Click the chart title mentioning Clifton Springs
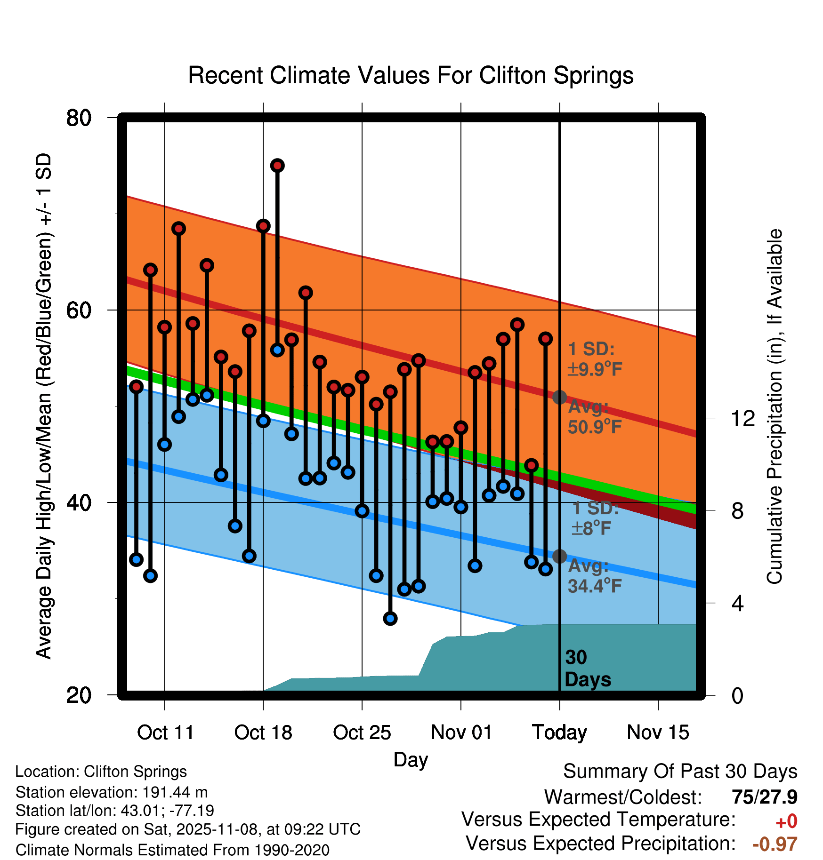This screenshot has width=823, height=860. point(411,75)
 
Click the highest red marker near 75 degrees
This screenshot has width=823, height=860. point(277,166)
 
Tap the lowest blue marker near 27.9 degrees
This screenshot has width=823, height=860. point(390,618)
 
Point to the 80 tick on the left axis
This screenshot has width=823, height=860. point(79,118)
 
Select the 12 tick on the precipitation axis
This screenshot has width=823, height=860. point(742,418)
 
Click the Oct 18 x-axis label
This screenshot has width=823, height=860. point(263,733)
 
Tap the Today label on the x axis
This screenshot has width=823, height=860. point(559,733)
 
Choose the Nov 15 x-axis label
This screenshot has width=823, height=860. point(658,733)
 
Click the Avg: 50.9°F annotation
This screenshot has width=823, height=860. point(594,417)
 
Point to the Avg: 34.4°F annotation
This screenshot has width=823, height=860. point(594,576)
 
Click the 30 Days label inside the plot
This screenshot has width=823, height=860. point(587,669)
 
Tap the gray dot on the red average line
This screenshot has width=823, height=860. point(559,397)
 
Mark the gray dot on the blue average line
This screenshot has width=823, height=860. point(559,556)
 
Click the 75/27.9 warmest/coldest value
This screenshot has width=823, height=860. point(764,797)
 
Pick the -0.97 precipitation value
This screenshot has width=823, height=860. point(775,844)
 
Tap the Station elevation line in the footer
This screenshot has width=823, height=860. point(112,792)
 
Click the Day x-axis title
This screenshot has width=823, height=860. point(411,759)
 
